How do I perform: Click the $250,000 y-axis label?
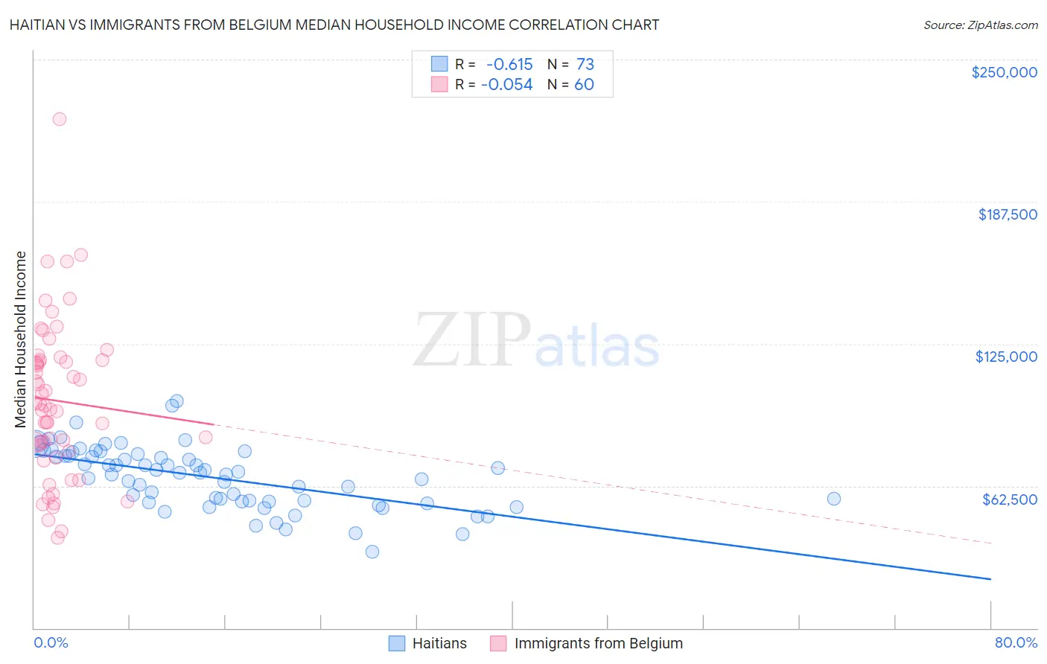tap(1004, 72)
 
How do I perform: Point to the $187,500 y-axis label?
tap(1008, 214)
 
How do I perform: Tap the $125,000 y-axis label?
tap(1006, 357)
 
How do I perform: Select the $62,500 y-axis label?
tap(1010, 499)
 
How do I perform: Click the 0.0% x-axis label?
tap(51, 643)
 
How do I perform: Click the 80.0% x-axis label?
tap(1016, 643)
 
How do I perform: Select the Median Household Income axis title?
tap(21, 339)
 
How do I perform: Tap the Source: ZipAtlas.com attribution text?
tap(980, 25)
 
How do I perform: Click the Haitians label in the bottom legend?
tap(439, 643)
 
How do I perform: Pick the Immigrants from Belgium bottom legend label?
tap(598, 643)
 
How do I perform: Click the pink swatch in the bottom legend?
tap(498, 643)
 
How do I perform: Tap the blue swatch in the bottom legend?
tap(397, 643)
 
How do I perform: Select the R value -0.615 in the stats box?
tap(509, 64)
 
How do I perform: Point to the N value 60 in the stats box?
tap(584, 85)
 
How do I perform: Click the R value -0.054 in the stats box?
tap(507, 85)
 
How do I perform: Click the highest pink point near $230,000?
tap(60, 119)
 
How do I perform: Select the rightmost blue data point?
tap(834, 499)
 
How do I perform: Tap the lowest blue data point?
tap(372, 552)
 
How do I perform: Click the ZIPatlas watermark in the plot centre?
tap(536, 340)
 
